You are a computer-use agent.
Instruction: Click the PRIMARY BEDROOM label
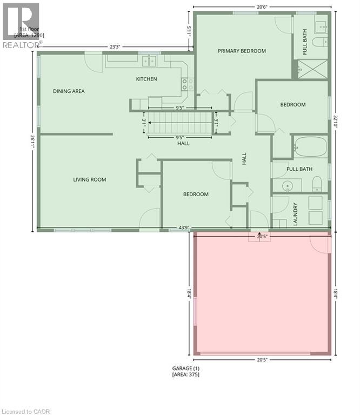point(242,51)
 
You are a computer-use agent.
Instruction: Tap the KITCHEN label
point(146,79)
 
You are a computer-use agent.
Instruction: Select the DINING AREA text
point(69,91)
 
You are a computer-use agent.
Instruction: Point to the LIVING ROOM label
point(90,179)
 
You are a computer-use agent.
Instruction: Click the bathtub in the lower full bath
point(310,146)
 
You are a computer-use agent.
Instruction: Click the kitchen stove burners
point(187,84)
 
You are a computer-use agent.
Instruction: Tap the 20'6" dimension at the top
point(263,6)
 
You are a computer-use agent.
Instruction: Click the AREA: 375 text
point(185,374)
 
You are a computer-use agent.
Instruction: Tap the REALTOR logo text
point(22,45)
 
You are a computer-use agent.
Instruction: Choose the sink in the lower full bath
point(288,185)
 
